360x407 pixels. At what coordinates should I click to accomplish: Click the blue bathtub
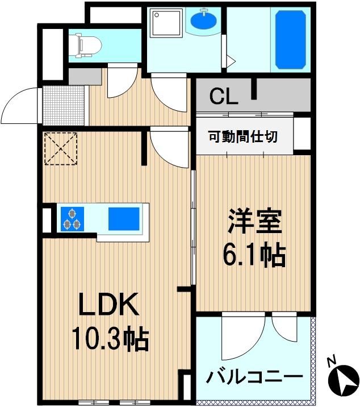point(290,40)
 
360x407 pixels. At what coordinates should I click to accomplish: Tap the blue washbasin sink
point(204,20)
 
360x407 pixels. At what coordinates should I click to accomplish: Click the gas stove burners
point(72,219)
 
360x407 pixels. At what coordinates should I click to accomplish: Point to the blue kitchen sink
point(124,219)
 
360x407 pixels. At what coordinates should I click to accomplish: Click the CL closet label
point(224,96)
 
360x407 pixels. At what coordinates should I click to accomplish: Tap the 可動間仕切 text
point(243,137)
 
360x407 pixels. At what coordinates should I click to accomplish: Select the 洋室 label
point(254,221)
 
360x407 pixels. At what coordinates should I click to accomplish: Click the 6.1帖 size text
point(254,255)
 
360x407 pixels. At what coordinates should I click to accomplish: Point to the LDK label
point(108,304)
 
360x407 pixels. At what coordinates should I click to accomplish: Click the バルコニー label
point(254,377)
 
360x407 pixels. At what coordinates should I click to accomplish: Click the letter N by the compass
point(331,362)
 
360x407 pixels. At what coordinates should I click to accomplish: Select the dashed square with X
point(61,149)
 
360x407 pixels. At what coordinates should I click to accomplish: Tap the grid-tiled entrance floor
point(63,105)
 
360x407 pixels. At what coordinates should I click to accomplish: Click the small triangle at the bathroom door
point(231,61)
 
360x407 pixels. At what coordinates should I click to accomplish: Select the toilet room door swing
point(122,82)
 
